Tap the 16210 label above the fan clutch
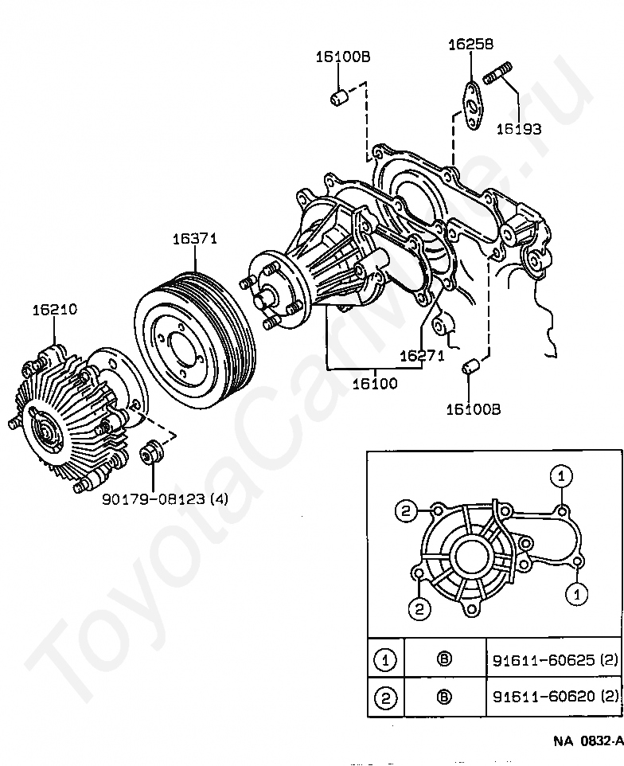[55, 309]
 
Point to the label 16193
[519, 127]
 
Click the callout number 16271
[422, 356]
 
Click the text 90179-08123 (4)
[166, 499]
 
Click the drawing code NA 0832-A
[587, 741]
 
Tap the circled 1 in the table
[385, 659]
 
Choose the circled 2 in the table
[385, 698]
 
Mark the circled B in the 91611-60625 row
[444, 659]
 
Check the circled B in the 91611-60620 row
[444, 698]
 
